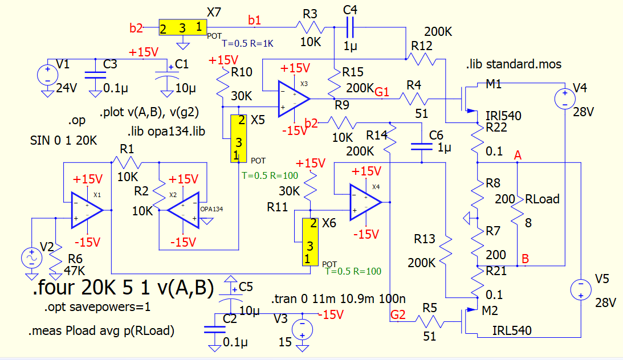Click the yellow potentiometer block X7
182,27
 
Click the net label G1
382,91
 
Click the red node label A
517,155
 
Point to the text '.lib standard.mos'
513,64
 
